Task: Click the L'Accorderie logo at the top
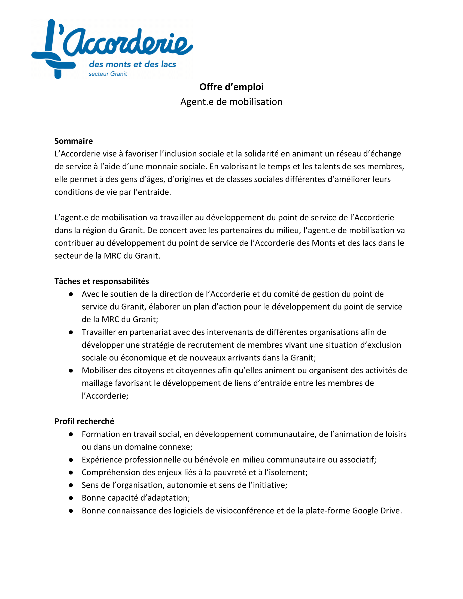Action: click(112, 49)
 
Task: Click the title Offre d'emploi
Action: click(231, 87)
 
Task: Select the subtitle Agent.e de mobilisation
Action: click(231, 102)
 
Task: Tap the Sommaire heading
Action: click(74, 141)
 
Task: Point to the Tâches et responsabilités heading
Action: click(102, 281)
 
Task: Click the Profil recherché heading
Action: click(84, 421)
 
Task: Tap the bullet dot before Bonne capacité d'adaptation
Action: click(71, 498)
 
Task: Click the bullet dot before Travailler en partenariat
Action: click(71, 332)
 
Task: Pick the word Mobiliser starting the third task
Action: click(100, 371)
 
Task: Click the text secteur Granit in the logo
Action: click(108, 74)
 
